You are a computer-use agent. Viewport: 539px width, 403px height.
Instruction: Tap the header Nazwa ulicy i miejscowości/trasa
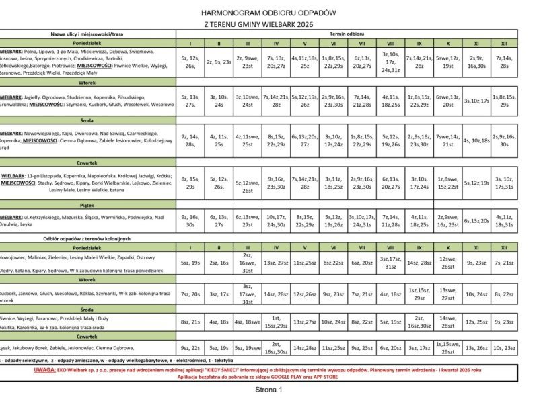point(87,33)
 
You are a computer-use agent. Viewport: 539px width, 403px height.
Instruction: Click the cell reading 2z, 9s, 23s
point(219,62)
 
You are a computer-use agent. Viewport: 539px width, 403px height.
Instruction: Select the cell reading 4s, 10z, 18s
point(476,140)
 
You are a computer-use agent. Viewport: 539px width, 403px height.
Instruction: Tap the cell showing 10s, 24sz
point(476,294)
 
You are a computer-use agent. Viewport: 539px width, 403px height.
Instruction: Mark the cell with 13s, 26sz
point(476,348)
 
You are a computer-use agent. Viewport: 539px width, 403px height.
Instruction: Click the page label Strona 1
point(268,389)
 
